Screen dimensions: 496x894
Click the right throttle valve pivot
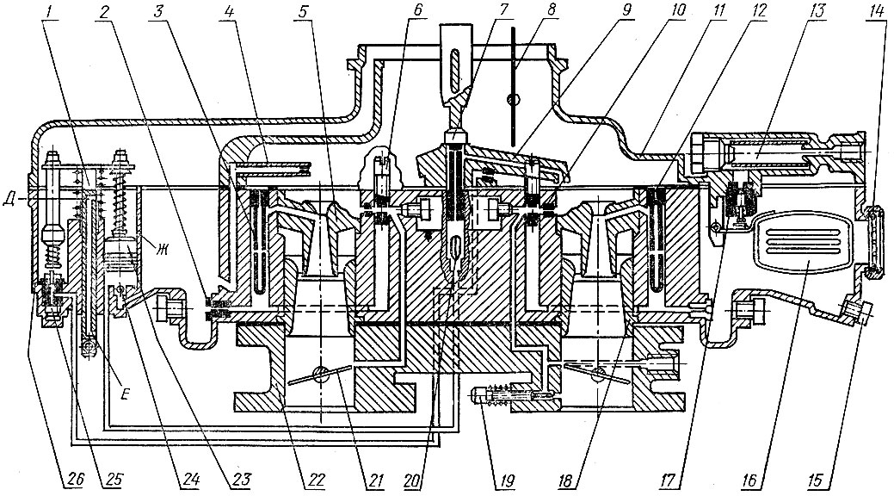(x=601, y=373)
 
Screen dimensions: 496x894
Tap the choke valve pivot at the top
(x=511, y=101)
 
